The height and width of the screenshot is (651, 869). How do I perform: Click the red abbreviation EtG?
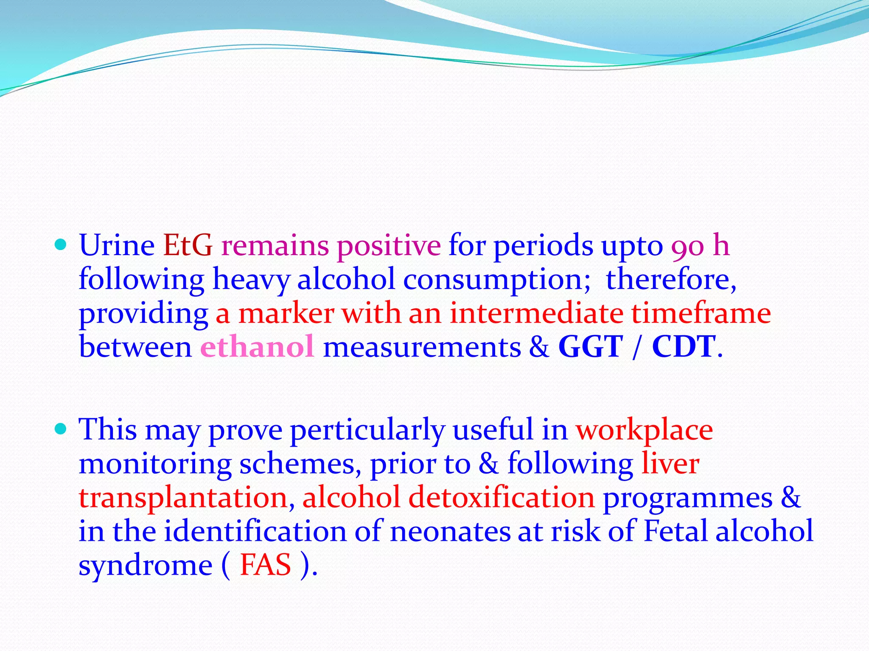coord(188,245)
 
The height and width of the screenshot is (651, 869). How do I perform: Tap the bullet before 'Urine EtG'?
coord(61,245)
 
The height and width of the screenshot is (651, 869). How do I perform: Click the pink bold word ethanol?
coord(257,347)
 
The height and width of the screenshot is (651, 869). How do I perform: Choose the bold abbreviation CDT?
coord(684,347)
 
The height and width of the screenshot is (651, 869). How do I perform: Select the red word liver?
coord(670,463)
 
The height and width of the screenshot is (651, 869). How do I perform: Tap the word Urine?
coord(117,245)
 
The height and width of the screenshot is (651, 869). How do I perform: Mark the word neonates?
coord(450,531)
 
